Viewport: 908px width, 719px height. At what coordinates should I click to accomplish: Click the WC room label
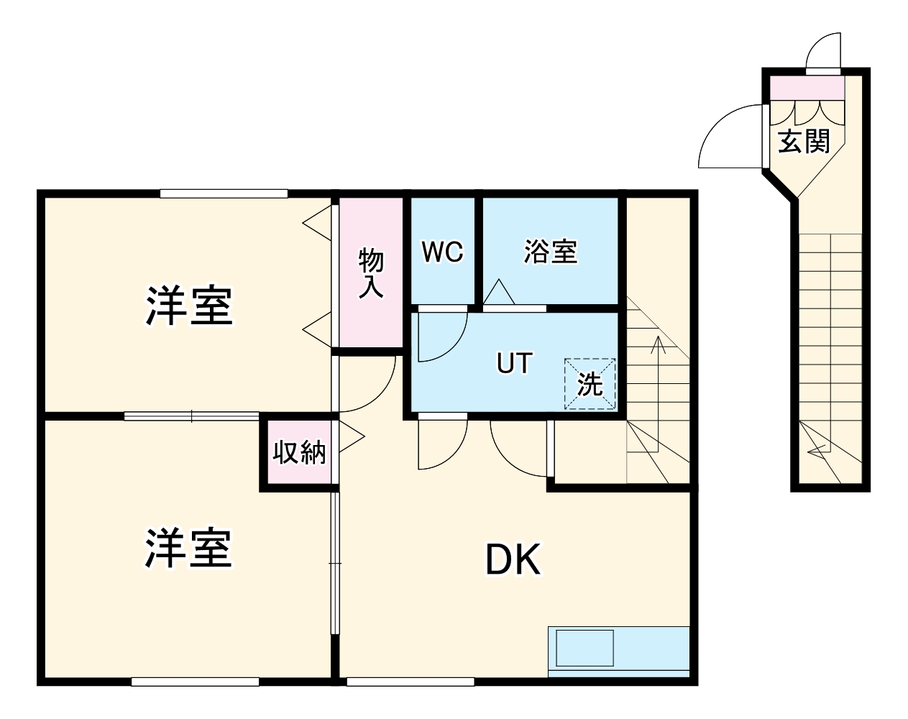point(442,252)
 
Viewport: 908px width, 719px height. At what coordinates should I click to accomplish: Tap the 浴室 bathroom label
point(550,252)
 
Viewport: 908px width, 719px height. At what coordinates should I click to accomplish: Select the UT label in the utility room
point(514,363)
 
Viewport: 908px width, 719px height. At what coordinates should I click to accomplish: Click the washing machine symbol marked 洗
point(590,384)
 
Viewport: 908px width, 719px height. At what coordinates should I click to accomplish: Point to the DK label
point(513,559)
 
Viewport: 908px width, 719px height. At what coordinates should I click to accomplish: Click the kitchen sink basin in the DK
point(585,648)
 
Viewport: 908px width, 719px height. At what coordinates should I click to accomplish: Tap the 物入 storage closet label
point(371,273)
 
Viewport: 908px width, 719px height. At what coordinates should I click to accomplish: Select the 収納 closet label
point(299,452)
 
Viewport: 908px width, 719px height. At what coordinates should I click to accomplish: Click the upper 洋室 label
point(189,306)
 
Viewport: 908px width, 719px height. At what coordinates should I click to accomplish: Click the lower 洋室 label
point(189,548)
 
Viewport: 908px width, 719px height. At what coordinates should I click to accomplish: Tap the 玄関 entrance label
point(804,141)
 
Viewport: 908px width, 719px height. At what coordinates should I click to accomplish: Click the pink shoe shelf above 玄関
point(807,88)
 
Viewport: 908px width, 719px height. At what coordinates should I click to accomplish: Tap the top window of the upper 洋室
point(224,193)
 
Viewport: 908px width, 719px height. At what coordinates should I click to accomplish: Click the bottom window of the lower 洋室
point(195,681)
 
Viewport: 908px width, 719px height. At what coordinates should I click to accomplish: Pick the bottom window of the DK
point(410,681)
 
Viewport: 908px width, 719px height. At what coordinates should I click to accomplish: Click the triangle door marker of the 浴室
point(498,293)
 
